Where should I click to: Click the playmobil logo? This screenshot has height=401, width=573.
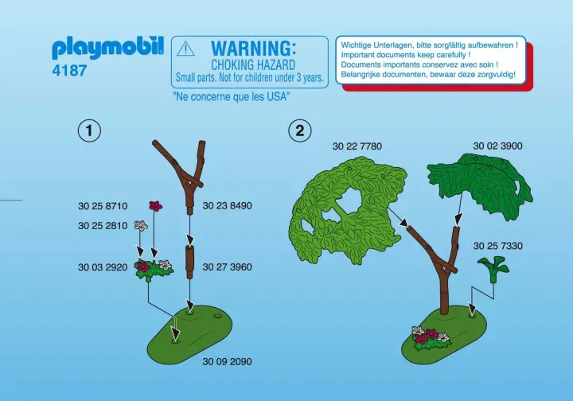107,49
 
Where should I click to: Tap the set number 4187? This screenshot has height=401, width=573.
69,71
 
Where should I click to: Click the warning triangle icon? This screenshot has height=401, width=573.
185,49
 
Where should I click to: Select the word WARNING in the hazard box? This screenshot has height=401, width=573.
254,49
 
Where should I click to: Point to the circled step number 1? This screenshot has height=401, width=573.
89,130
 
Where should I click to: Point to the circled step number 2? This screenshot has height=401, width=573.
300,130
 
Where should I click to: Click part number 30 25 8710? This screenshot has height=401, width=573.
103,206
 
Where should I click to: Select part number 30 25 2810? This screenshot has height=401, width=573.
103,226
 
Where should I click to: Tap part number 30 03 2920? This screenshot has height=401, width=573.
103,267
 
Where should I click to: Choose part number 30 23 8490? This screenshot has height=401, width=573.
228,205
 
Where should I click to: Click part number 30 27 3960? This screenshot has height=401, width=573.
228,267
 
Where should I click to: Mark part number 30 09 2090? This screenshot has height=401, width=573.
228,361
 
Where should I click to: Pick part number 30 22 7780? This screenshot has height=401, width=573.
357,146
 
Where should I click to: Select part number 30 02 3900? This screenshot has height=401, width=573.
497,146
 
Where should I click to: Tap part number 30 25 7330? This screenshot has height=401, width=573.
497,246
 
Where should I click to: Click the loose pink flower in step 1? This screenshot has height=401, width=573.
156,206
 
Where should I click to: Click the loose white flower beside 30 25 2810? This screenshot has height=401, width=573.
141,225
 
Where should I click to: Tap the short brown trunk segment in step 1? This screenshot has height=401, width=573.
189,259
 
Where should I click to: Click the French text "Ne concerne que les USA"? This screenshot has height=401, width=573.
231,97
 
